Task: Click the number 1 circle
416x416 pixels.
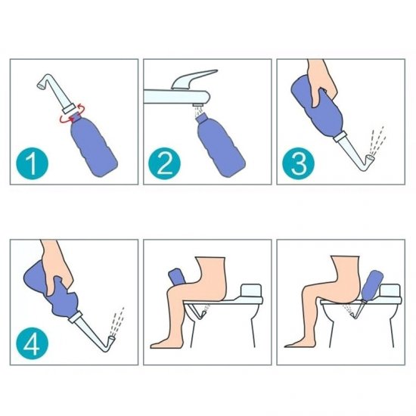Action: (x=33, y=163)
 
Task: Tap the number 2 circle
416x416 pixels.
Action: (x=164, y=163)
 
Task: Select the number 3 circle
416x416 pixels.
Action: (x=299, y=163)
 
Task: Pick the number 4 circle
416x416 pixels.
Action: (x=33, y=343)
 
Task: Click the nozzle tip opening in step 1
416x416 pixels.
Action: (x=41, y=85)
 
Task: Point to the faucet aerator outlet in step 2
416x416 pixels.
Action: (x=198, y=105)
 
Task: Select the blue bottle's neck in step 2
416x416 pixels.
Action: (x=202, y=118)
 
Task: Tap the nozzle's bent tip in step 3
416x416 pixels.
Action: (x=370, y=159)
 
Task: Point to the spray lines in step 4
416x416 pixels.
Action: (x=116, y=321)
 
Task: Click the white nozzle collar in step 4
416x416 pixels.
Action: (x=75, y=317)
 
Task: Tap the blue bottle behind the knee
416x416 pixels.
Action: (x=175, y=276)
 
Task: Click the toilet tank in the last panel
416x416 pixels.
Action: (x=390, y=290)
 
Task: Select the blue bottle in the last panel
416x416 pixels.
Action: (x=371, y=285)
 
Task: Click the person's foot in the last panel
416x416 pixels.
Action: (x=294, y=344)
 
